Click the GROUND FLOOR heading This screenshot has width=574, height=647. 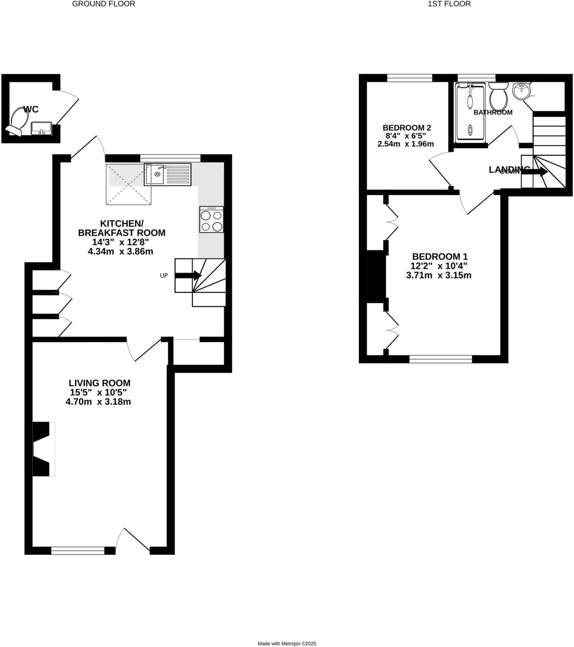point(104,4)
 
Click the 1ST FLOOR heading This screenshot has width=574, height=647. point(449,4)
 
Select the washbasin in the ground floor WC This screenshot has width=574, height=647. point(41,128)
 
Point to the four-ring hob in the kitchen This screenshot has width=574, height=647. point(211,220)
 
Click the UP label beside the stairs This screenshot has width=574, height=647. point(163,275)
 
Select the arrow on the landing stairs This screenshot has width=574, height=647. point(534,172)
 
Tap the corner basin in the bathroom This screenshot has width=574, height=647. point(521,91)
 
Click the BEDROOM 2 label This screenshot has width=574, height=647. point(407,128)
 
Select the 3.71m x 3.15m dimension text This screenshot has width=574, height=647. point(438,275)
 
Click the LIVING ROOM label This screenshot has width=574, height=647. point(100,383)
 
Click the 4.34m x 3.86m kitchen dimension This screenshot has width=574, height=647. point(120,252)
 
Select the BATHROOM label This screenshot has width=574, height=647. point(492,112)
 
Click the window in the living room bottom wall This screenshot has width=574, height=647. point(78,551)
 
